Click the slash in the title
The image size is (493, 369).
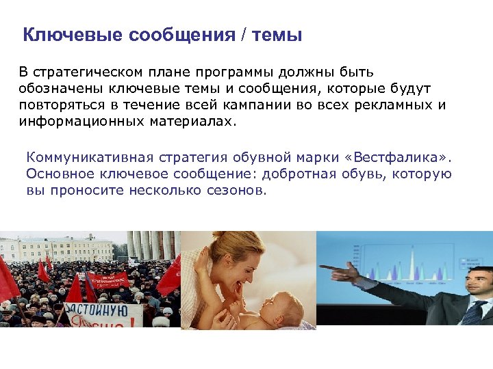click(x=243, y=35)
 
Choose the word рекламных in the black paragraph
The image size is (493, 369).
click(x=397, y=105)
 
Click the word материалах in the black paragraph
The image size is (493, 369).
click(x=185, y=121)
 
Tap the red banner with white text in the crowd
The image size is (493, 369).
click(x=107, y=279)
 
